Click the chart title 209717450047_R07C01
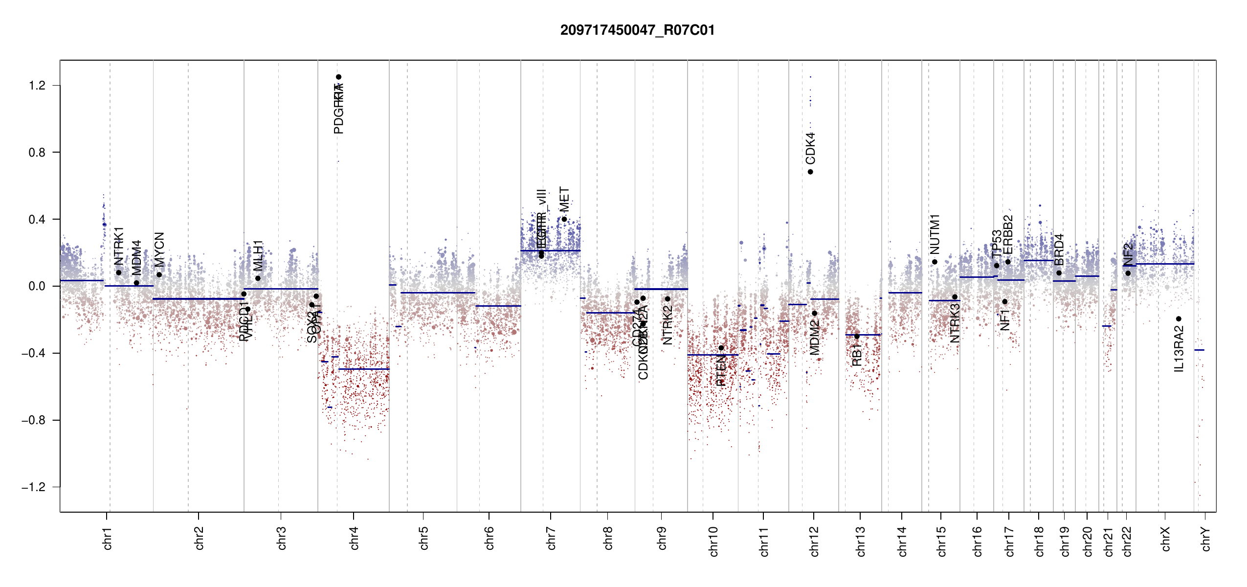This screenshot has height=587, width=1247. point(637,30)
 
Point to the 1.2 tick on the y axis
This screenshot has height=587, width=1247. point(37,86)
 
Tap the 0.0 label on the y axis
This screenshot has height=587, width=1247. point(37,286)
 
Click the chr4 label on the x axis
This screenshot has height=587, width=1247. point(354,538)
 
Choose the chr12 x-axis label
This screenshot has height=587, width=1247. point(814,541)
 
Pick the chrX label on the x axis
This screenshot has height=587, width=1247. point(1165,539)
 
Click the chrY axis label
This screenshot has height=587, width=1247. point(1206,539)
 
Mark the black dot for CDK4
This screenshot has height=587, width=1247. point(810,172)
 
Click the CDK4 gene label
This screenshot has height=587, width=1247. point(810,148)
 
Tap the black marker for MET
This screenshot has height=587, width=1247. point(564,219)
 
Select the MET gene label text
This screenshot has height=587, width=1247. point(564,199)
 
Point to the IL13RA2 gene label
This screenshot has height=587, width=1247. point(1179,349)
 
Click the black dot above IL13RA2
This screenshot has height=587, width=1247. point(1179,319)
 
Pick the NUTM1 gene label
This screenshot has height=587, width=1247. point(935,234)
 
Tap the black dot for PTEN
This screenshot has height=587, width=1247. point(721,348)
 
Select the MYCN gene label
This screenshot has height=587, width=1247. point(159,249)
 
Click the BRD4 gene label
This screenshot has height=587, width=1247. point(1059,249)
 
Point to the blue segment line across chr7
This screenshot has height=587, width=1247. point(550,251)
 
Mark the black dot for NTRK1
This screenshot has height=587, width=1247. point(118,272)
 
